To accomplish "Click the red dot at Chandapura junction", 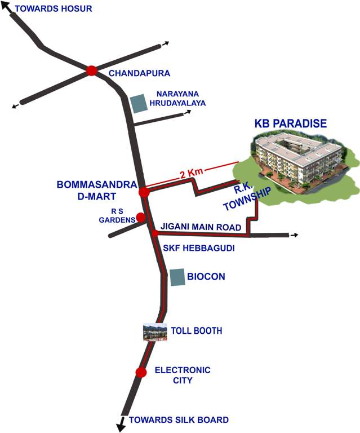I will [x=92, y=70].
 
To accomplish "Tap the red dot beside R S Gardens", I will [x=141, y=218].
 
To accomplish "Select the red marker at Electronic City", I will [x=141, y=372].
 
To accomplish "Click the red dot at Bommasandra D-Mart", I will [x=144, y=192].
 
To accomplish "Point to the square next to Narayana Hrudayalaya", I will [x=138, y=103].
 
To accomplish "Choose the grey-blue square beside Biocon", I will [x=177, y=277].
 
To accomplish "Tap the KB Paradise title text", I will [x=291, y=123].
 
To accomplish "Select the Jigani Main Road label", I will [x=201, y=226].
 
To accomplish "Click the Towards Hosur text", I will [x=54, y=9].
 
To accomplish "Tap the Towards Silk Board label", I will [x=179, y=419].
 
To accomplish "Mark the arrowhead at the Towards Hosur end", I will [x=7, y=13].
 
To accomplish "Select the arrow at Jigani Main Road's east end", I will [x=294, y=235].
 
